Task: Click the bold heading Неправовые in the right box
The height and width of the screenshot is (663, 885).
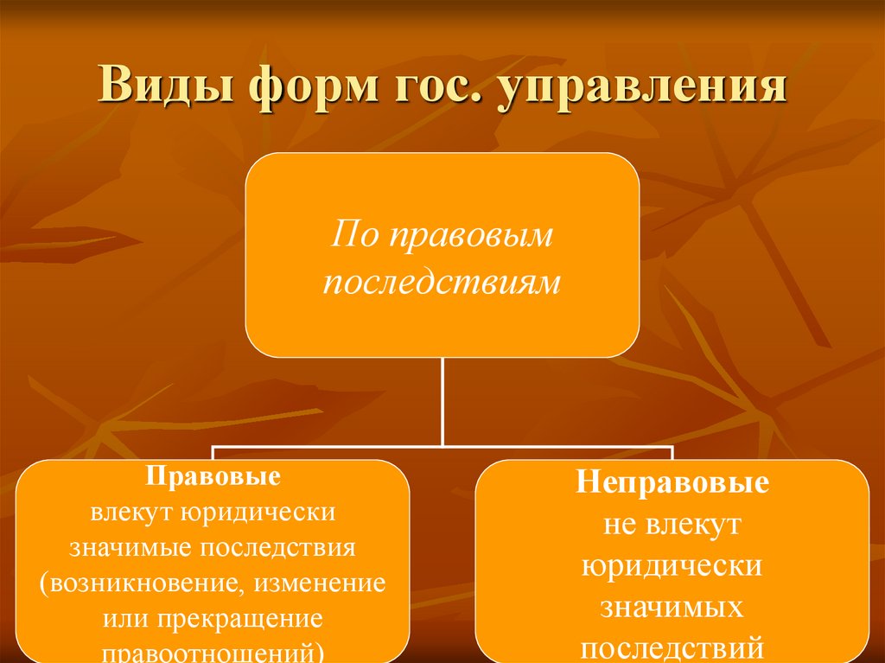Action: [x=672, y=482]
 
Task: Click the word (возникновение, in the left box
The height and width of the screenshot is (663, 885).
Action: [x=143, y=583]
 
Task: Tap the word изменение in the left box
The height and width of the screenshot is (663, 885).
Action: [x=320, y=583]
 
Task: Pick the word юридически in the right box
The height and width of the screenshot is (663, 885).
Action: [x=672, y=565]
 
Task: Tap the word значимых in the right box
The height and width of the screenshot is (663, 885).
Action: [x=672, y=607]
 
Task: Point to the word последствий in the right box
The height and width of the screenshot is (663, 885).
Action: [x=672, y=647]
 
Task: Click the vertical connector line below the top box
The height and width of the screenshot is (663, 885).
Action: [x=442, y=402]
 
